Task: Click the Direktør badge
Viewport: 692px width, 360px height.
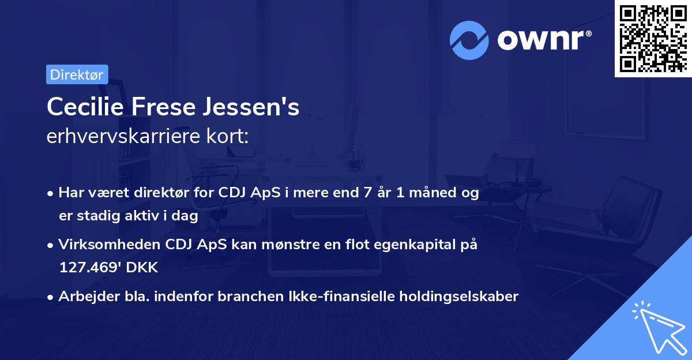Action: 77,74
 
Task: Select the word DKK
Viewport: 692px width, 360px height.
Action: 141,268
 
